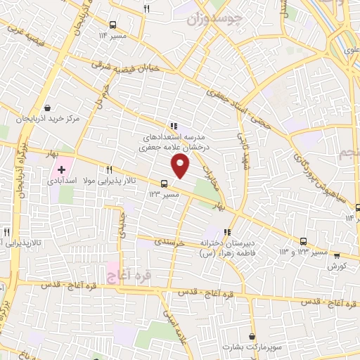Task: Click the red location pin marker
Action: click(181, 166)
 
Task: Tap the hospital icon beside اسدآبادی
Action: click(61, 170)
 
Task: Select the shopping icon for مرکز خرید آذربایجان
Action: click(46, 108)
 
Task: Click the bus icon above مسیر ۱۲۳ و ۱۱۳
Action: click(304, 240)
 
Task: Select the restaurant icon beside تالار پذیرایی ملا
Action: click(109, 170)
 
